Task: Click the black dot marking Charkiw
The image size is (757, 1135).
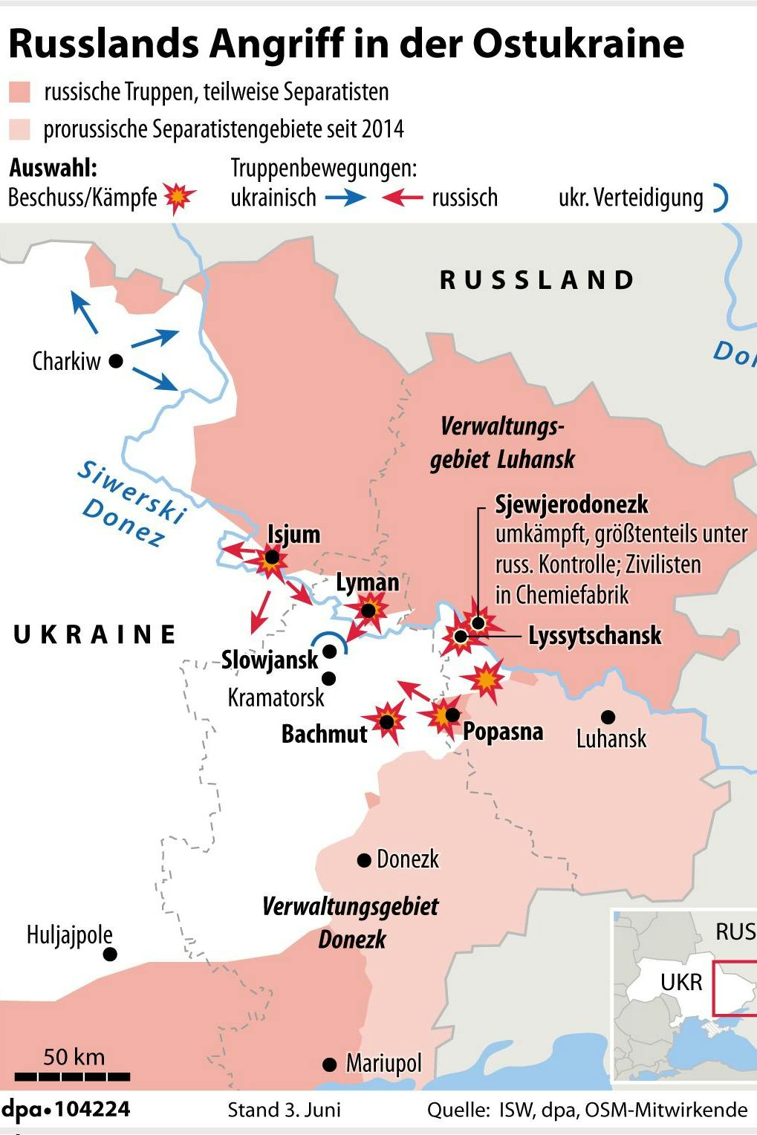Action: click(116, 361)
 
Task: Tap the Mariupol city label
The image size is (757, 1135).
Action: click(383, 1064)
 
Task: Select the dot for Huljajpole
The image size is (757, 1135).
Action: click(110, 954)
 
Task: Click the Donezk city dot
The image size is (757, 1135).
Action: click(364, 860)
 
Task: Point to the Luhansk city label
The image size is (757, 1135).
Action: click(611, 738)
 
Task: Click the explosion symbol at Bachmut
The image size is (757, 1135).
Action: click(388, 721)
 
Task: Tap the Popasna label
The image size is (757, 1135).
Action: click(503, 732)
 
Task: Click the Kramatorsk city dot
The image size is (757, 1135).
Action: click(329, 678)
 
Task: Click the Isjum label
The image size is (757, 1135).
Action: click(294, 534)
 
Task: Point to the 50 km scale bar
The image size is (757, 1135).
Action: click(73, 1076)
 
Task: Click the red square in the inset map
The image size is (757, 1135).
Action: click(734, 988)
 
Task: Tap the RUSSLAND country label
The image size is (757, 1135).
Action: click(537, 280)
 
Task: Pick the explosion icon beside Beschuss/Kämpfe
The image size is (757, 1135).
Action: click(179, 198)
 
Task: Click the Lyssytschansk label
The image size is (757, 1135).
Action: click(594, 636)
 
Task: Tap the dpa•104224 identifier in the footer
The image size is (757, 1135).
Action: click(65, 1110)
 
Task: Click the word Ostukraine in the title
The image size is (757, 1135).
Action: click(578, 44)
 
